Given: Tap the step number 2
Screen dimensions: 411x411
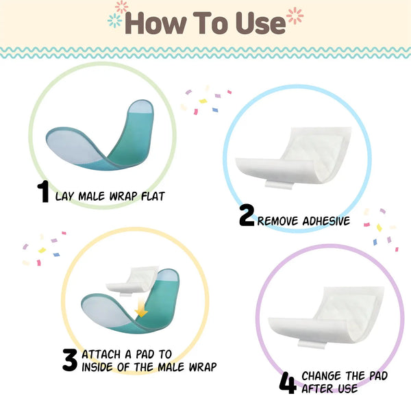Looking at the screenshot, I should coord(247,216).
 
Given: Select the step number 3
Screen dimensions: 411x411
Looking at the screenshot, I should coord(70,360).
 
